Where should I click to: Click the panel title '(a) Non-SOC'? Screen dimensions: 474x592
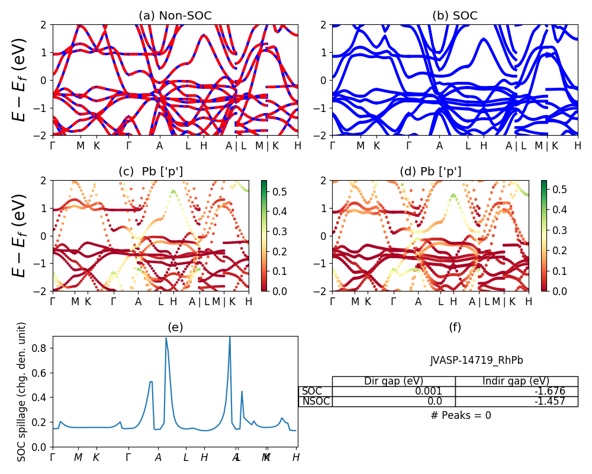tap(175, 16)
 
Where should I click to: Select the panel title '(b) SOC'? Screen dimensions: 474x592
tap(455, 16)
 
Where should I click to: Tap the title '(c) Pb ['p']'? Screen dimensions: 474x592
tap(150, 172)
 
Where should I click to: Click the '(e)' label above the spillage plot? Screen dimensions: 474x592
tap(175, 327)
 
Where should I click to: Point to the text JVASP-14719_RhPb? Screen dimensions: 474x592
tap(477, 360)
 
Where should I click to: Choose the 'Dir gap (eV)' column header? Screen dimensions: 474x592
tap(394, 382)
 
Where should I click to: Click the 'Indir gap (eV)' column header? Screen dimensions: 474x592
tap(516, 382)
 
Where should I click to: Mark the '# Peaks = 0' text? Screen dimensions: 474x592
tap(461, 415)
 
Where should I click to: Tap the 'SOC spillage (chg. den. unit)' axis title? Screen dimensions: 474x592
tap(22, 392)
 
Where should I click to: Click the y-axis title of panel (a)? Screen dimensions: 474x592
tap(21, 79)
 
